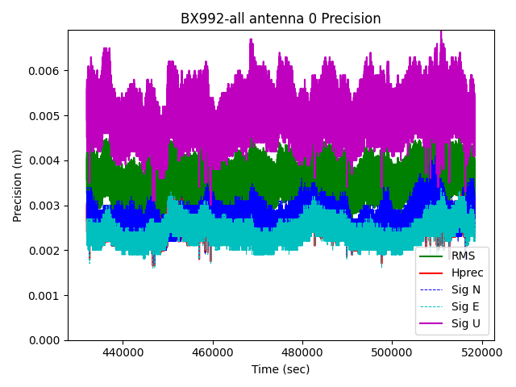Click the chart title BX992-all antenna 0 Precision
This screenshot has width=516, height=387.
[x=281, y=19]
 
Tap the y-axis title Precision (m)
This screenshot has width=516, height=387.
[x=18, y=185]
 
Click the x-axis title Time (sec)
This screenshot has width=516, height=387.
[x=281, y=369]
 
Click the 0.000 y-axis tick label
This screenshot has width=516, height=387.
[x=47, y=340]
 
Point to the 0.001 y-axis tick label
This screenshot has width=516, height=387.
[x=47, y=295]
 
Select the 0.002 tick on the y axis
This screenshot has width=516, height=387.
[x=47, y=251]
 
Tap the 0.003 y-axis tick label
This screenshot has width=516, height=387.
[x=47, y=206]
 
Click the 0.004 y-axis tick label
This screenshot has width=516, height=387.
[x=47, y=160]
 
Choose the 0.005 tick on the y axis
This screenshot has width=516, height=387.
[x=47, y=115]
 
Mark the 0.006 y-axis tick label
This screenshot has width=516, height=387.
[x=47, y=71]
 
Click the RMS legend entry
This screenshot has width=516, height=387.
[x=464, y=256]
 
